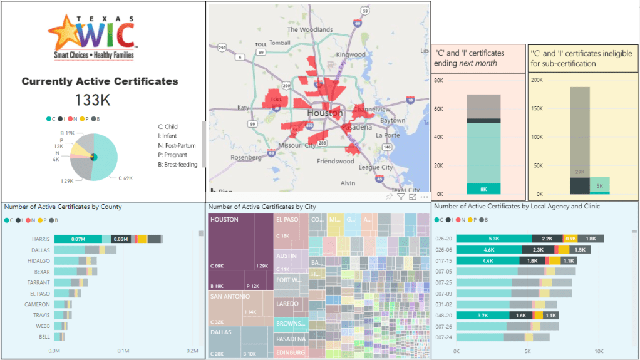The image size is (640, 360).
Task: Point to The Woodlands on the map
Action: coord(309,29)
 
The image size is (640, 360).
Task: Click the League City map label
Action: coord(376,167)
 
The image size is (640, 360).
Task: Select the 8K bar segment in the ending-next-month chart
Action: coord(483,189)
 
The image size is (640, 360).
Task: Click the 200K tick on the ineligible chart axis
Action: coord(536,80)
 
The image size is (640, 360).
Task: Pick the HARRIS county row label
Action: coord(41,239)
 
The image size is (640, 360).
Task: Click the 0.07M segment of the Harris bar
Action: coord(78,239)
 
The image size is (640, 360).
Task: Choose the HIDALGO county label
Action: coord(39,260)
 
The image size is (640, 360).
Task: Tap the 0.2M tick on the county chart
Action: coord(193,351)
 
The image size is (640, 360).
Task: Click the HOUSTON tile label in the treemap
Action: coord(225,220)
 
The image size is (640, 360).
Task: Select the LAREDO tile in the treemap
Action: coord(286,303)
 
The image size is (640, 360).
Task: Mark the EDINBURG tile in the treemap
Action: coord(291,352)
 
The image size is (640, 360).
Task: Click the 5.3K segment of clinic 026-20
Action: coord(493,239)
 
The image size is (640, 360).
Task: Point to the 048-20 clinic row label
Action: coord(443,316)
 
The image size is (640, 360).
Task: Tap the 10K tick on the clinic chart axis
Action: coord(599,351)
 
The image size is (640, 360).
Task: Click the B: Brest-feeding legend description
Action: coord(178,165)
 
